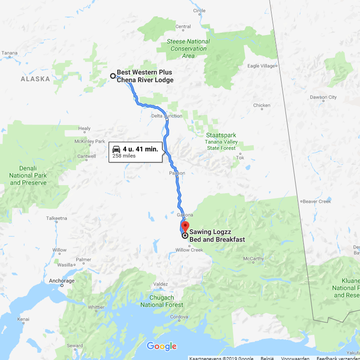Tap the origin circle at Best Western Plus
click(113, 76)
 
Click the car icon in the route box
click(116, 149)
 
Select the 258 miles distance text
click(124, 156)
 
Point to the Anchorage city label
click(62, 281)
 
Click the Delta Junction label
click(167, 116)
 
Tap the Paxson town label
click(177, 173)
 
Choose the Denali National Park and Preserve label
click(28, 175)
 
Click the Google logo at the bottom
click(161, 346)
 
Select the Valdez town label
click(161, 285)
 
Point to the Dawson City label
click(323, 97)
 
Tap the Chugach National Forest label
click(162, 301)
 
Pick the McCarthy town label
click(253, 259)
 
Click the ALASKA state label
click(35, 79)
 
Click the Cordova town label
click(179, 317)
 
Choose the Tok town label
click(240, 158)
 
